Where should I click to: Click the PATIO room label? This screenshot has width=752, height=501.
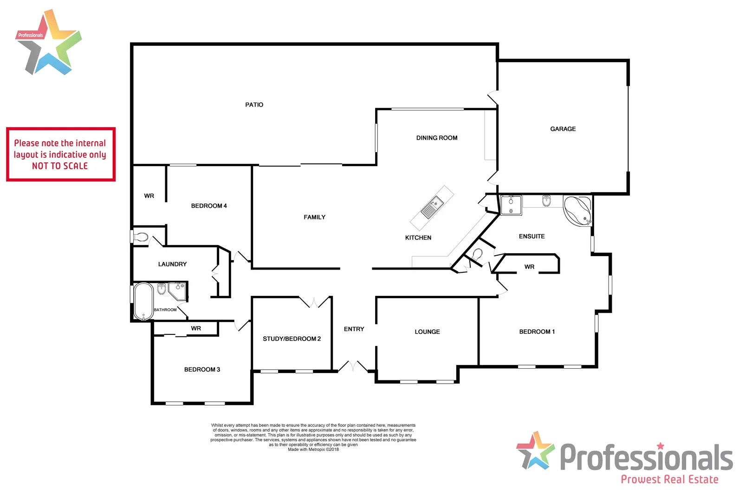click(254, 105)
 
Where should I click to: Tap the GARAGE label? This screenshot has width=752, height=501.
click(563, 129)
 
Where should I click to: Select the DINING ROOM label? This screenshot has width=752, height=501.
click(436, 138)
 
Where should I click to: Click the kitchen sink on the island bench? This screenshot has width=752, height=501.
click(432, 207)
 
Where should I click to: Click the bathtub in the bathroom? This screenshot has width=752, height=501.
click(143, 301)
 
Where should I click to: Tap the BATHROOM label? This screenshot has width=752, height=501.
click(165, 310)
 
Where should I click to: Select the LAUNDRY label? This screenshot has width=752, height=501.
click(172, 264)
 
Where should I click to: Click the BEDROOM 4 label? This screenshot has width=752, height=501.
click(209, 206)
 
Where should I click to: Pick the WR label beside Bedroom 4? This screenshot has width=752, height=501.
click(149, 196)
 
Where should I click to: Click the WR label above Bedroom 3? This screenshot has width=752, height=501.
click(196, 328)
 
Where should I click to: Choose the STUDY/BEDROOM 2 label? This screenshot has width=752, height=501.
click(292, 339)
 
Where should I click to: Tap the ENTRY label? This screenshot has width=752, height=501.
click(354, 329)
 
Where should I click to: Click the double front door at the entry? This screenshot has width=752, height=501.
click(353, 366)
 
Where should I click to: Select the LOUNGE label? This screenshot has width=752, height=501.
click(427, 332)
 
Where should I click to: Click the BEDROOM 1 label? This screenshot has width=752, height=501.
click(537, 332)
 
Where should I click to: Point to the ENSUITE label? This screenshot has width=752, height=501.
click(532, 237)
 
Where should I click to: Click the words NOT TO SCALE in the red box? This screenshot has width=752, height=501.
click(60, 166)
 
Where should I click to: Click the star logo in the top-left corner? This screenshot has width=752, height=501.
click(49, 43)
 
